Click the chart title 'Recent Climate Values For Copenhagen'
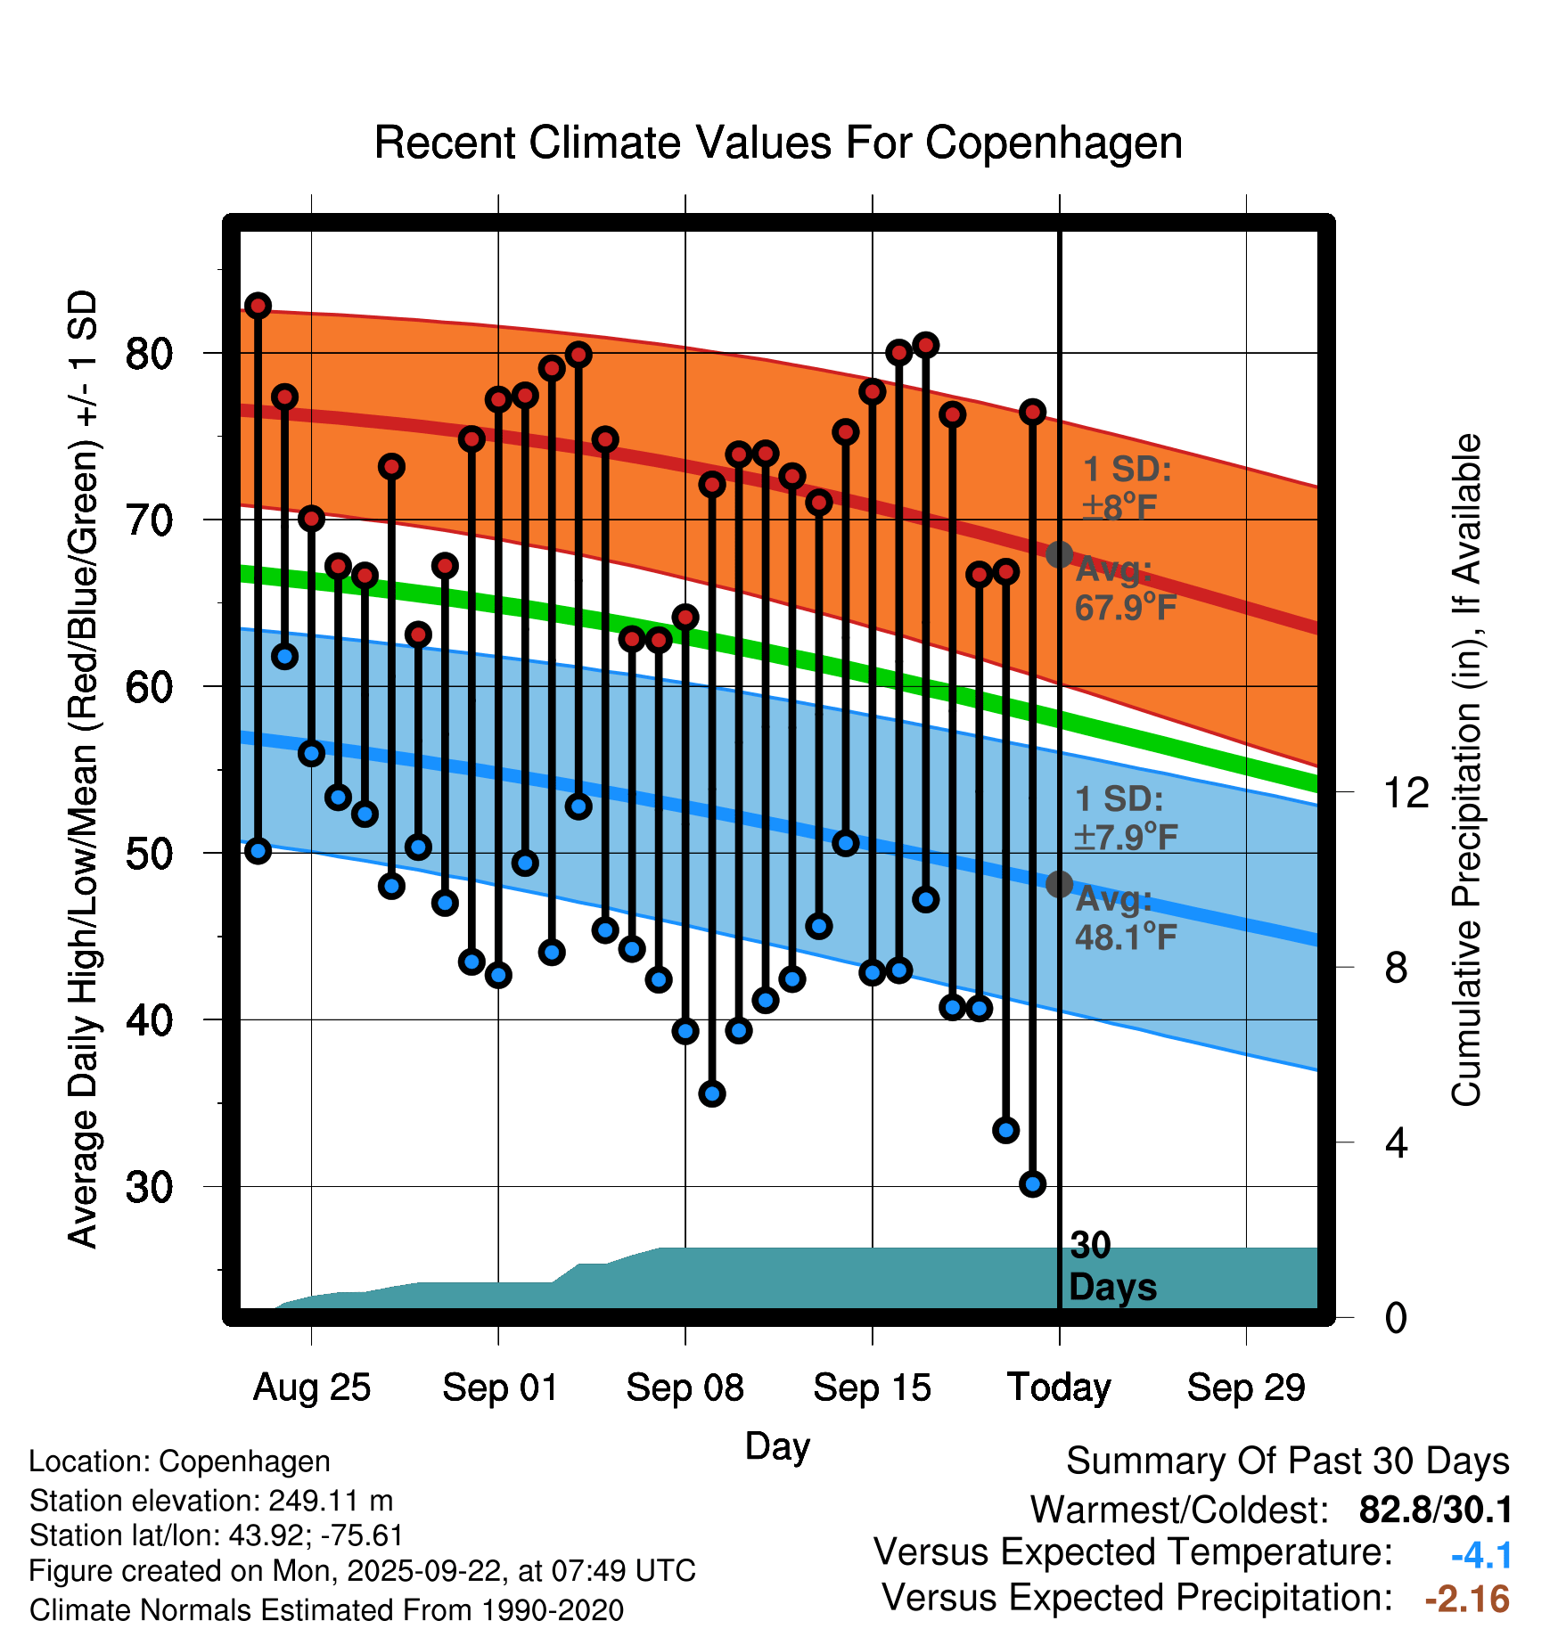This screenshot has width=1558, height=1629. tap(778, 143)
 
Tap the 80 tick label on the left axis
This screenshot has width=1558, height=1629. tap(149, 354)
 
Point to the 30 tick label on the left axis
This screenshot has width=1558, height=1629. tap(149, 1187)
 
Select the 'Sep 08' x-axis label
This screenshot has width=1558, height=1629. tap(685, 1388)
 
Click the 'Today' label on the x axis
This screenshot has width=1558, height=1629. tap(1059, 1388)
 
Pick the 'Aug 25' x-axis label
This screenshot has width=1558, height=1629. tap(311, 1388)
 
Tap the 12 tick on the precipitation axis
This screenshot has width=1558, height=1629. tap(1406, 792)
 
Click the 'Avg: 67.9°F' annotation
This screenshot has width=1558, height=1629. tap(1125, 588)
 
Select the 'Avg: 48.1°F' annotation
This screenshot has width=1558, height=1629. tap(1125, 918)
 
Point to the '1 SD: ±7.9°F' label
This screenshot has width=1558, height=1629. tap(1125, 818)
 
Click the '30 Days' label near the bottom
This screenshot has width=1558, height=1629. tap(1111, 1266)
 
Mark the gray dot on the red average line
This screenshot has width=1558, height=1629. tap(1059, 554)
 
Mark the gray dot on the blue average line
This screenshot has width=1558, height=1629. tap(1059, 884)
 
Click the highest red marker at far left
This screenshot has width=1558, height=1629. tap(258, 306)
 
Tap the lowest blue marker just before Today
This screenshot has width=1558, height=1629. tap(1032, 1184)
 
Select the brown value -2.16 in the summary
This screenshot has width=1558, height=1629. tap(1467, 1599)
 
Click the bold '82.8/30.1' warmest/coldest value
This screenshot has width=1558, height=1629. tap(1435, 1510)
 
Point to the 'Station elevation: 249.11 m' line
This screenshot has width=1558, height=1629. tap(211, 1501)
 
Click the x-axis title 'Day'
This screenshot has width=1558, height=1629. tap(777, 1445)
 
